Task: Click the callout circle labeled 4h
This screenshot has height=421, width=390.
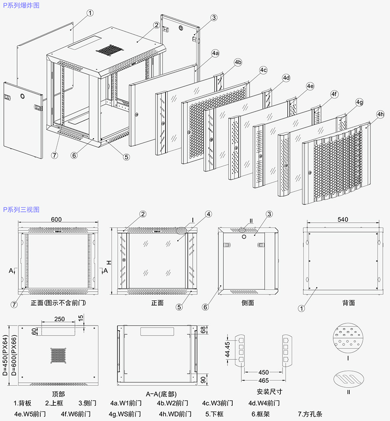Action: coord(380,115)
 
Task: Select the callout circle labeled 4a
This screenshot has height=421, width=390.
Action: coord(215,53)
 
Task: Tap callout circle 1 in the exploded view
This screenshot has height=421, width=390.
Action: coord(90,13)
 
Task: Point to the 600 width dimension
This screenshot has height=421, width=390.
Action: coord(56,220)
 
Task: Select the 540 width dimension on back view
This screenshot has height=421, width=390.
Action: coord(342,220)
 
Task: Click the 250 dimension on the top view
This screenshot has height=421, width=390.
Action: coord(59,319)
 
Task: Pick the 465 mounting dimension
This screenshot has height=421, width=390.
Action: coord(263,380)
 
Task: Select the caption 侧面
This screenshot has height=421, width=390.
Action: coord(247,303)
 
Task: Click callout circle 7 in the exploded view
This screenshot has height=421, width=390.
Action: coord(55,155)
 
